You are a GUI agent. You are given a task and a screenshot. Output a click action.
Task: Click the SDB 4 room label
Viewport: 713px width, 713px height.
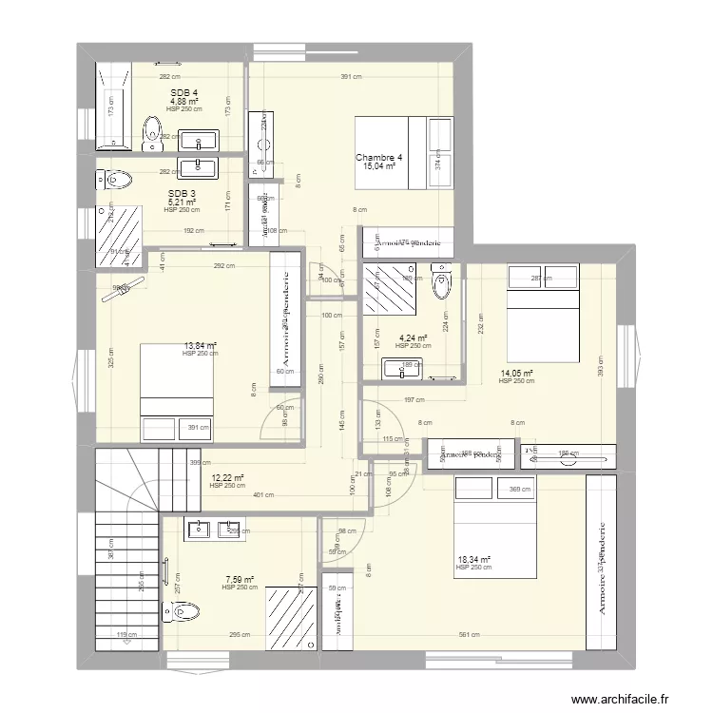pyautogui.click(x=183, y=92)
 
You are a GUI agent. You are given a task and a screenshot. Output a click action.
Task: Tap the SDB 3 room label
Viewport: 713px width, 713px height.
pyautogui.click(x=181, y=194)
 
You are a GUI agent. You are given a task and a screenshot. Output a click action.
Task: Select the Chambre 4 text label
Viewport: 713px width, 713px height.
pyautogui.click(x=378, y=158)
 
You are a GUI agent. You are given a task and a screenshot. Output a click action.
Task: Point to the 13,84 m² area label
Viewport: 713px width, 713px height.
pyautogui.click(x=200, y=346)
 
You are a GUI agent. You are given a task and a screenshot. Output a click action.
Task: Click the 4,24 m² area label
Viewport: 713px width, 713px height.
pyautogui.click(x=413, y=337)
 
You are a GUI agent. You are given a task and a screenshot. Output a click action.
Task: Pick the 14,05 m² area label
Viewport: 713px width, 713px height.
pyautogui.click(x=515, y=374)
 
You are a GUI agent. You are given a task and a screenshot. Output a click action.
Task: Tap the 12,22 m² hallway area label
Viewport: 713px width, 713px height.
pyautogui.click(x=227, y=478)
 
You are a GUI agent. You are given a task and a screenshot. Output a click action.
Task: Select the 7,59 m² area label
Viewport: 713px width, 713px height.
pyautogui.click(x=240, y=580)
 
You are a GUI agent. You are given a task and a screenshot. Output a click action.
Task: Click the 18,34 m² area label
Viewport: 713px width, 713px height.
pyautogui.click(x=472, y=560)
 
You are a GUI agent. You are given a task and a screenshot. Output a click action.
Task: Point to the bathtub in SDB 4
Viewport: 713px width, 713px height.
pyautogui.click(x=111, y=105)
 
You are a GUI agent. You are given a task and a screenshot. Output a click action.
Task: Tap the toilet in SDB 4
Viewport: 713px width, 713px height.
pyautogui.click(x=152, y=133)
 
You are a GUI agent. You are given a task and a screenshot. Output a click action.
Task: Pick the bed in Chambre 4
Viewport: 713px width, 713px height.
pyautogui.click(x=390, y=146)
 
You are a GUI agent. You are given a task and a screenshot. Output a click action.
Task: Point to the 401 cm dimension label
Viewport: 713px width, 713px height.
pyautogui.click(x=262, y=494)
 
